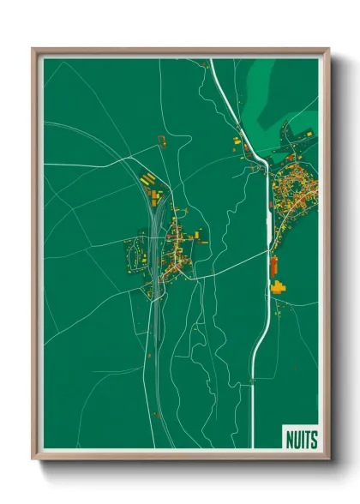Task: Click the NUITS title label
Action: (x=300, y=440)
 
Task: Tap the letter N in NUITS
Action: (x=289, y=440)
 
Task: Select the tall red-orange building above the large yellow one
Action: (x=274, y=267)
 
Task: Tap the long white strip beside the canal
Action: (x=269, y=227)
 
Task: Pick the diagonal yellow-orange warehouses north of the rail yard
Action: (x=149, y=180)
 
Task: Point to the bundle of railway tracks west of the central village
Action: (x=155, y=249)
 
